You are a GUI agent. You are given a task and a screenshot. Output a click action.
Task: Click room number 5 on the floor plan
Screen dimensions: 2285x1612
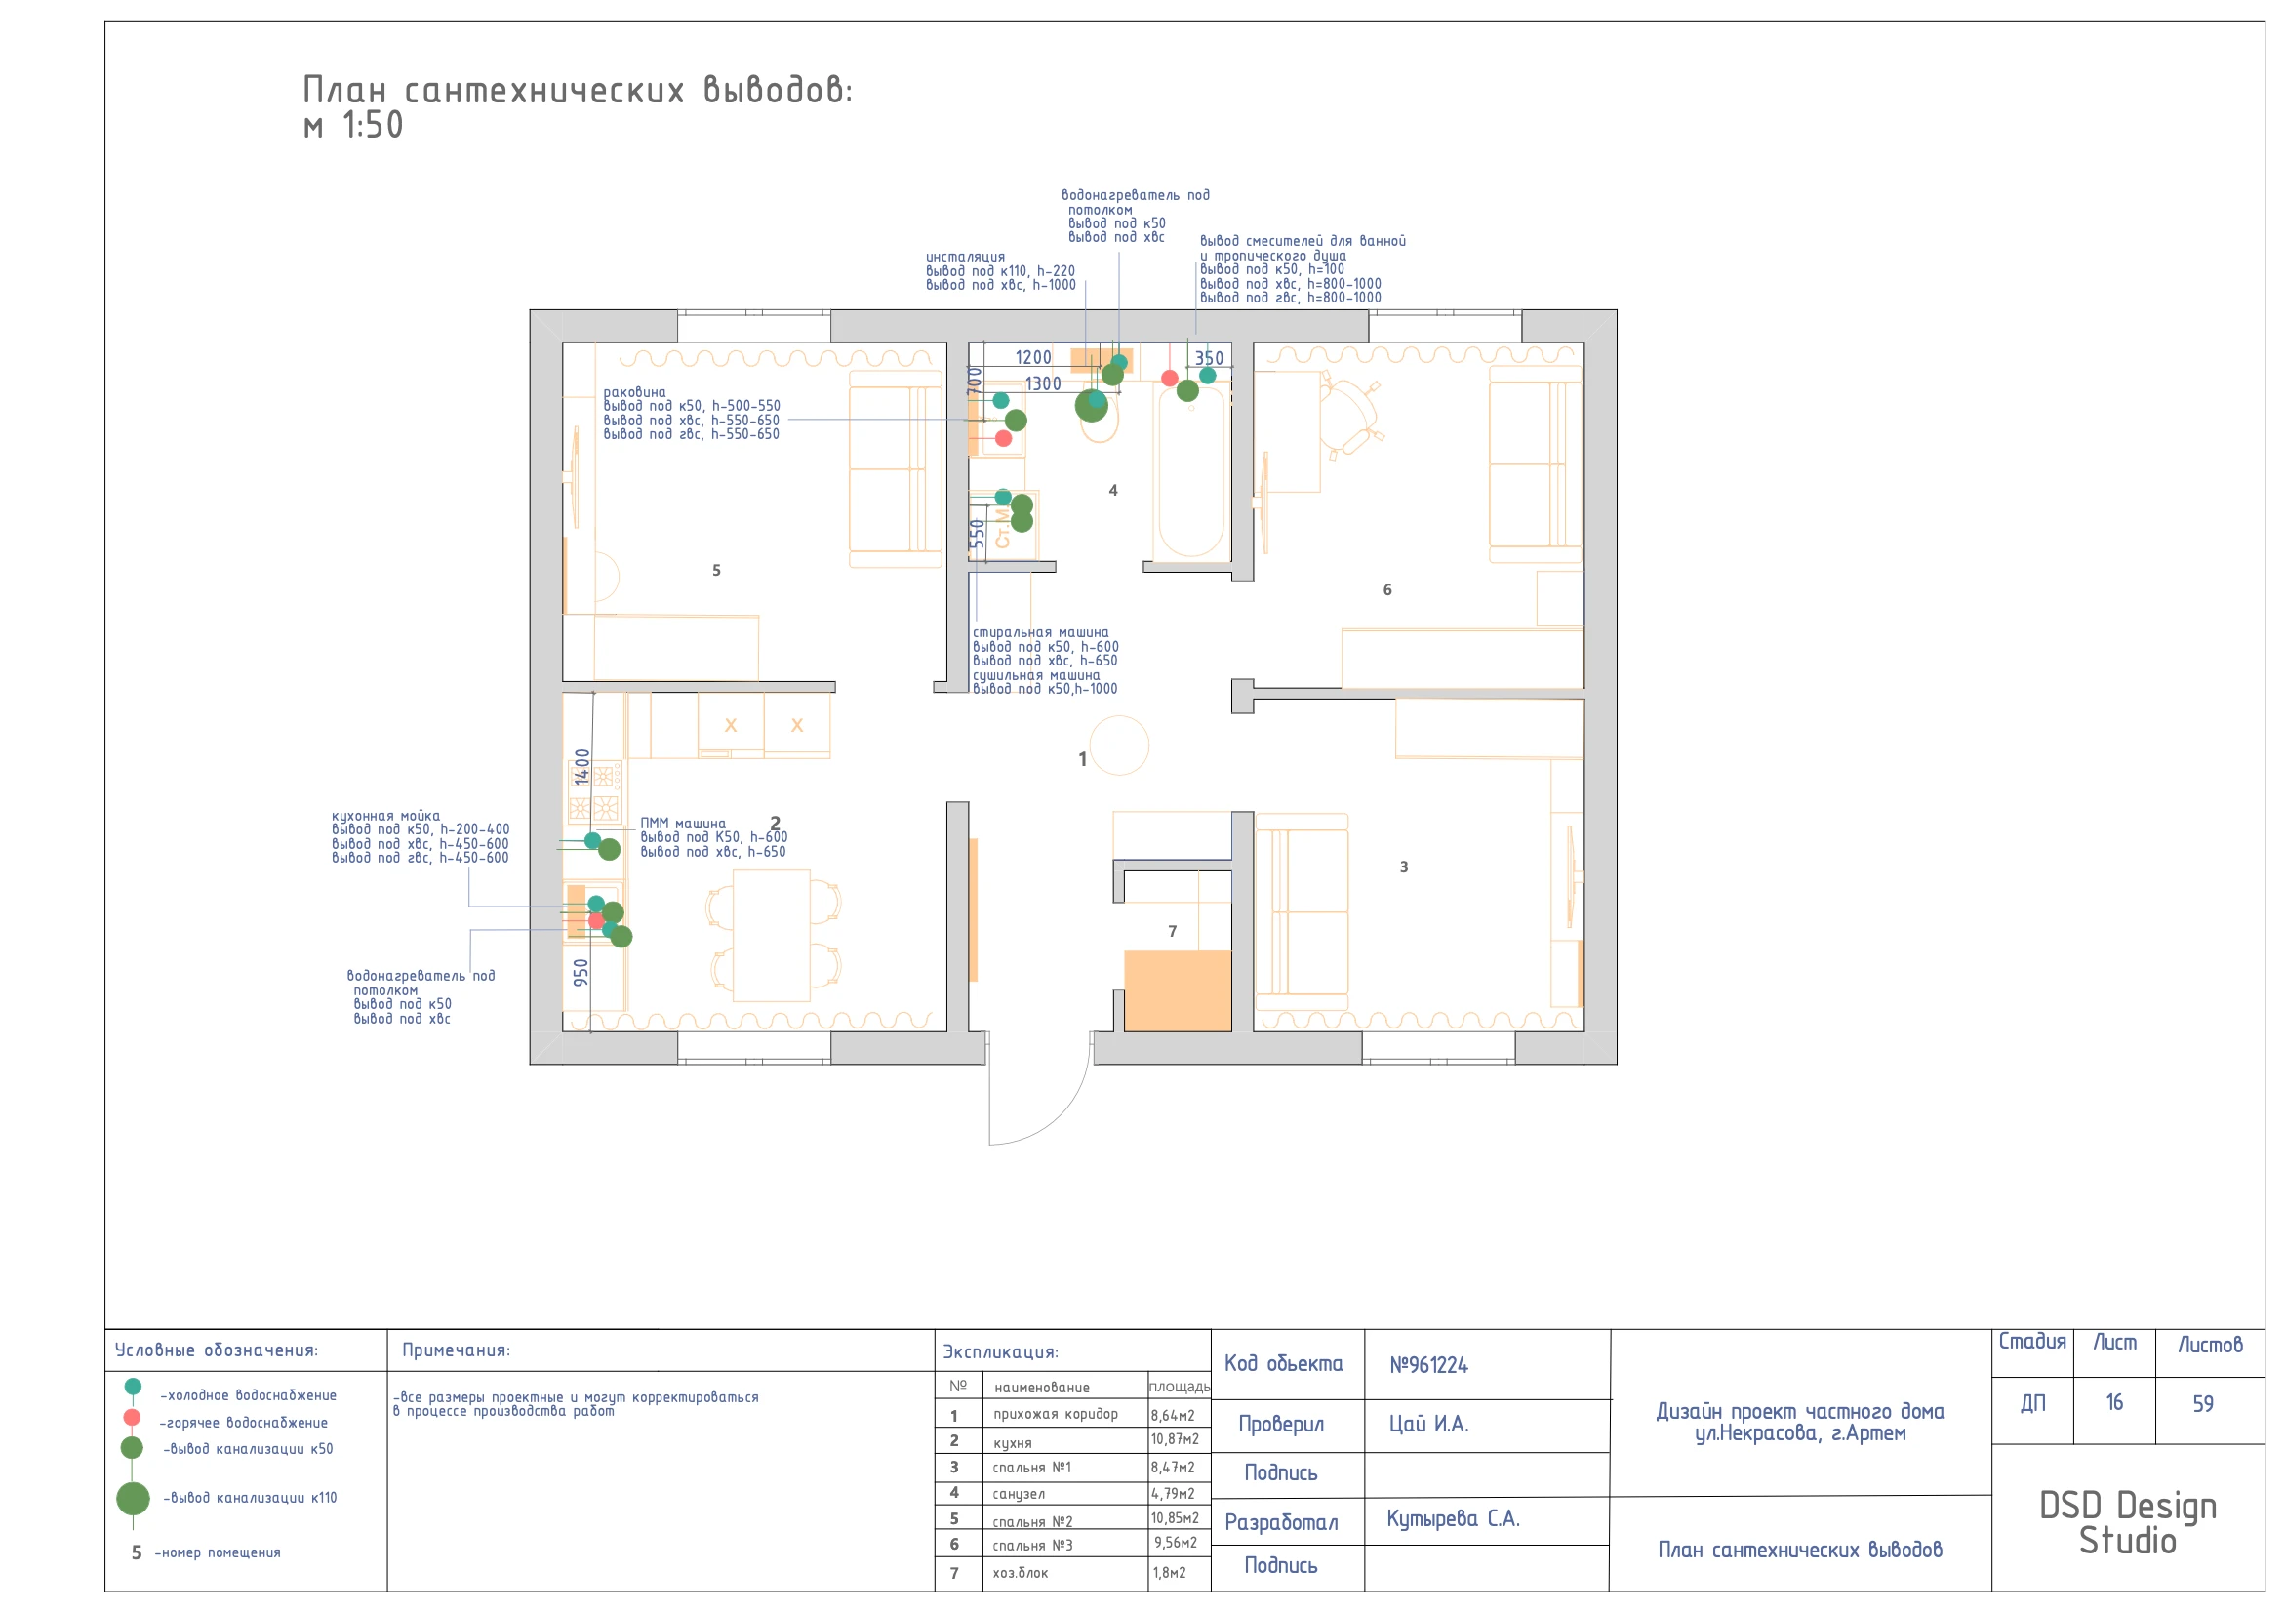coord(715,570)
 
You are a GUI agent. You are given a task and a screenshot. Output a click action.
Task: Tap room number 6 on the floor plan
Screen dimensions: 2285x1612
coord(1387,590)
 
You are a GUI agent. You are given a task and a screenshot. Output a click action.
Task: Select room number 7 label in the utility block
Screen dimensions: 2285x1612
coord(1173,931)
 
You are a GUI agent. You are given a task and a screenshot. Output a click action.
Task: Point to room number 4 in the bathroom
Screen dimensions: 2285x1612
coord(1113,491)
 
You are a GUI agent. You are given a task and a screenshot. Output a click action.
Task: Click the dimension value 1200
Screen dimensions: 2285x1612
coord(1033,357)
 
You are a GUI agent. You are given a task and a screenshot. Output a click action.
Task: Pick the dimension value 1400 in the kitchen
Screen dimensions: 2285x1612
coord(582,766)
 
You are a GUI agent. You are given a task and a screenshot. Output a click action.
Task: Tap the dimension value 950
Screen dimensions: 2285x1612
coord(581,972)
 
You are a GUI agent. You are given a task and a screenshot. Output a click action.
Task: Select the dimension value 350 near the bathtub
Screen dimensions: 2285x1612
coord(1209,358)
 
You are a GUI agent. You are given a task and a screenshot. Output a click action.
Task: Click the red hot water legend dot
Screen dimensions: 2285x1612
coord(132,1417)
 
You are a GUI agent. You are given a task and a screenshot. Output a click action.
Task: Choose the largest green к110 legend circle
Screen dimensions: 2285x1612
coord(133,1498)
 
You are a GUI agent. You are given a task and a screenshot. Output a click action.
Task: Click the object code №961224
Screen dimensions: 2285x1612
coord(1429,1365)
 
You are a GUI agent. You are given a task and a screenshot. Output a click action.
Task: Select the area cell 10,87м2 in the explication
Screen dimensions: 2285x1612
coord(1176,1439)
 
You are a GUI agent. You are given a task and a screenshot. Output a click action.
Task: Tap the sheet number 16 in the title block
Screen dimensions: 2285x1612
coord(2114,1402)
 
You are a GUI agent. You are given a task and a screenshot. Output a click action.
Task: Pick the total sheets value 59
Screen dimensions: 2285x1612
coord(2203,1403)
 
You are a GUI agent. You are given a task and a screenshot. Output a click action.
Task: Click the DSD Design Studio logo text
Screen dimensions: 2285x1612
coord(2128,1522)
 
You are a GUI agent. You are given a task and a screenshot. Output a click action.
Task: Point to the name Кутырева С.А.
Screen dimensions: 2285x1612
coord(1453,1518)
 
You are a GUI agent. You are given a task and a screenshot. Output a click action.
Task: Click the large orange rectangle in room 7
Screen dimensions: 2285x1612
coord(1178,991)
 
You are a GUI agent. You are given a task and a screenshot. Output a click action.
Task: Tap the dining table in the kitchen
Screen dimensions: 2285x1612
coord(772,936)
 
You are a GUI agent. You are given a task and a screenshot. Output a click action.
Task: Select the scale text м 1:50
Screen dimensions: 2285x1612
coord(353,125)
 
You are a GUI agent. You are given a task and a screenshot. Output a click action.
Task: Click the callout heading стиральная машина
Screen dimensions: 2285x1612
coord(1040,633)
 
